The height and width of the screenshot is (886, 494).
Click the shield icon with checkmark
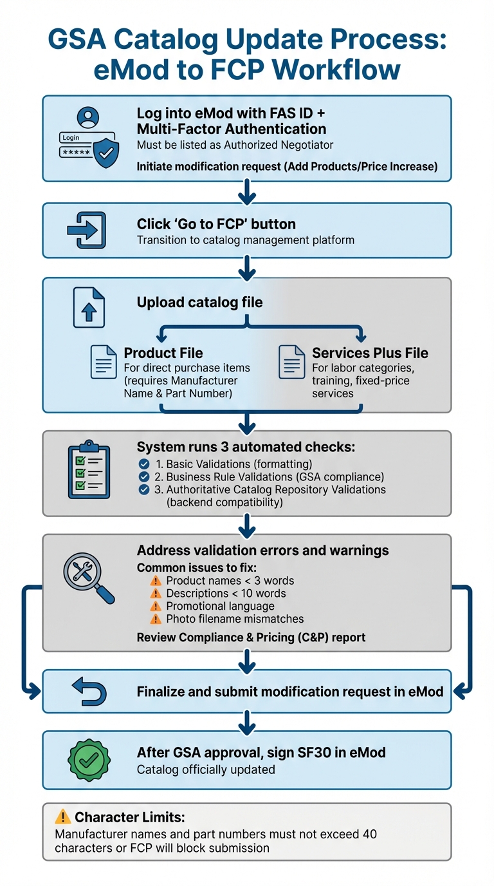point(105,153)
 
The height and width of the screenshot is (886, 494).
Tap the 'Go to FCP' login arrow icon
point(86,230)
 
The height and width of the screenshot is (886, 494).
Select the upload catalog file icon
point(89,308)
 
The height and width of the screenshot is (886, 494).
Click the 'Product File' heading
point(163,353)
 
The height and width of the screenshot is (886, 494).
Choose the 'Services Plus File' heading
point(370,353)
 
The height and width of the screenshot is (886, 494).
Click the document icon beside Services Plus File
point(291,362)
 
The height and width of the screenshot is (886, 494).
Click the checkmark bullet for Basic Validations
point(144,464)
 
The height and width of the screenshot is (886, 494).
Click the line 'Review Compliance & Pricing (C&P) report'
point(251,637)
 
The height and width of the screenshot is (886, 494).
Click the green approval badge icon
point(89,760)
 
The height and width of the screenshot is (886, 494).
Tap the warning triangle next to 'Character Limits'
point(62,817)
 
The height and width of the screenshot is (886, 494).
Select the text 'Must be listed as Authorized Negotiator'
point(235,146)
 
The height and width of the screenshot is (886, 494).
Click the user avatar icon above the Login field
point(88,118)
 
